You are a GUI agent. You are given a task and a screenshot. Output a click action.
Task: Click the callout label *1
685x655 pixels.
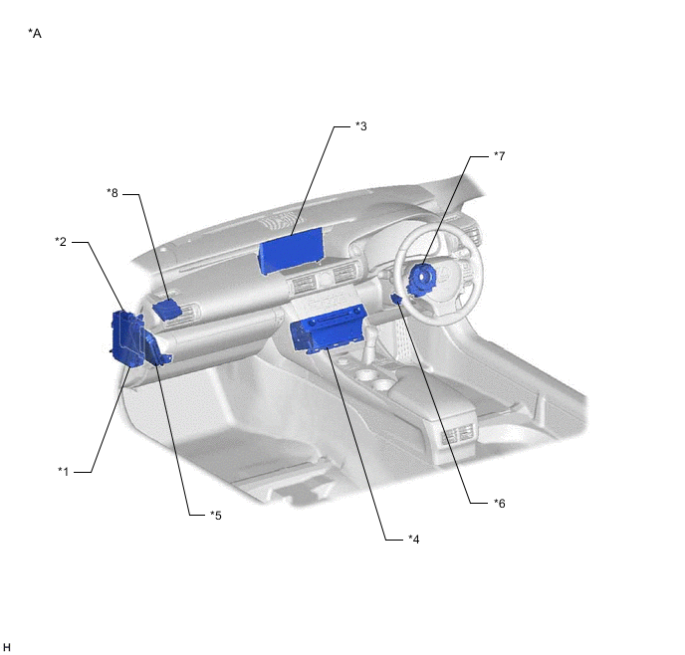[x=64, y=472]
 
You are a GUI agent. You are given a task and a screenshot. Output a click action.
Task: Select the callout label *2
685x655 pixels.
[x=61, y=242]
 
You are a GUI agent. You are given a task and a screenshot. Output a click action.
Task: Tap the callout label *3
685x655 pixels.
[x=360, y=126]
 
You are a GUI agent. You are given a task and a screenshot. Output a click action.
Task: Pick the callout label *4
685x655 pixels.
[x=414, y=540]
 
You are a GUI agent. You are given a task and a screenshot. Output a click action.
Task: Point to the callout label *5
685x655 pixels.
[x=216, y=516]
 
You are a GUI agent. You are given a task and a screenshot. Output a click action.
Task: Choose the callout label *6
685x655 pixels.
[x=500, y=504]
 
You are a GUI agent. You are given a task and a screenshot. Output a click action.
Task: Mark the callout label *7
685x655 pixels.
[x=500, y=156]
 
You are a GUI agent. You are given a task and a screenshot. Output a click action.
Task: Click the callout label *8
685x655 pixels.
[x=113, y=193]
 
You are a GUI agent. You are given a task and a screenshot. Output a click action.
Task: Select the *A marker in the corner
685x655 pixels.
[x=35, y=33]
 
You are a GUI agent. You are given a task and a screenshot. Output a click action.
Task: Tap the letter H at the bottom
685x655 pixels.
[x=6, y=647]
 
